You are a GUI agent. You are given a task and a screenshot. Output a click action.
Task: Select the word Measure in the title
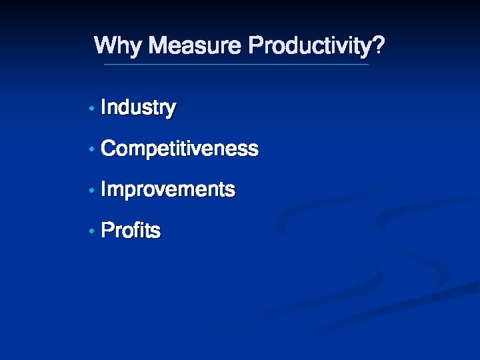click(195, 47)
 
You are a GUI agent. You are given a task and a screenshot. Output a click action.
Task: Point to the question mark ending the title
click(379, 46)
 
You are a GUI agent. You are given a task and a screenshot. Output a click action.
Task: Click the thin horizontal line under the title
click(236, 65)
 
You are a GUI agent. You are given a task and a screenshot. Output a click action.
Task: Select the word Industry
click(138, 108)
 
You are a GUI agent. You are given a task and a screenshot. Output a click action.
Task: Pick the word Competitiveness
click(179, 149)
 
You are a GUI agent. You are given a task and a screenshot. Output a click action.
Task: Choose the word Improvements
click(168, 190)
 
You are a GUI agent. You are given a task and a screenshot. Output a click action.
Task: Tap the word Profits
click(131, 231)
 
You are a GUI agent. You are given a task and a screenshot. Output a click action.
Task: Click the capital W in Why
click(105, 46)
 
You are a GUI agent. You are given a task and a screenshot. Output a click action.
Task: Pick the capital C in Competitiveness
click(108, 149)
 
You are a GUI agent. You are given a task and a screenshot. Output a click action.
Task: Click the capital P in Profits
click(107, 231)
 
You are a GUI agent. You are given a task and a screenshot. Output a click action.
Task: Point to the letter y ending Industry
click(171, 110)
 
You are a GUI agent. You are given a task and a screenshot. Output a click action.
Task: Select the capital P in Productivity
click(255, 46)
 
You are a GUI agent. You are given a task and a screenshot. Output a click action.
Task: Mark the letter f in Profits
click(137, 231)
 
